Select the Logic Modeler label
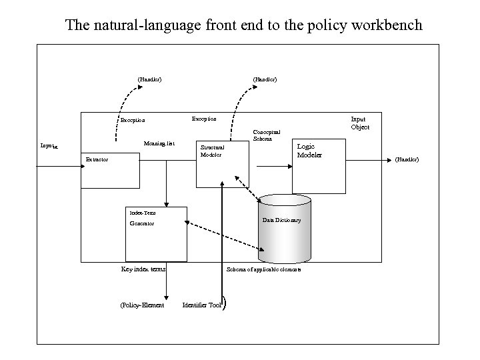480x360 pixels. pyautogui.click(x=309, y=151)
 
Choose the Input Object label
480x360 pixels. pyautogui.click(x=359, y=123)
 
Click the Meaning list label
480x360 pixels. pyautogui.click(x=159, y=143)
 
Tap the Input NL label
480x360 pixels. pyautogui.click(x=49, y=145)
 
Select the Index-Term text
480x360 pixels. pyautogui.click(x=142, y=212)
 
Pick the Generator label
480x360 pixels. pyautogui.click(x=141, y=223)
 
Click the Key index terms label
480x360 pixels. pyautogui.click(x=143, y=269)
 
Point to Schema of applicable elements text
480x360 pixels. pyautogui.click(x=263, y=269)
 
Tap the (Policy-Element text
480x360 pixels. pyautogui.click(x=141, y=305)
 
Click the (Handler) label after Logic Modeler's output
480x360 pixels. pyautogui.click(x=407, y=159)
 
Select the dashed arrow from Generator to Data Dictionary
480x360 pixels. pyautogui.click(x=223, y=233)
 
